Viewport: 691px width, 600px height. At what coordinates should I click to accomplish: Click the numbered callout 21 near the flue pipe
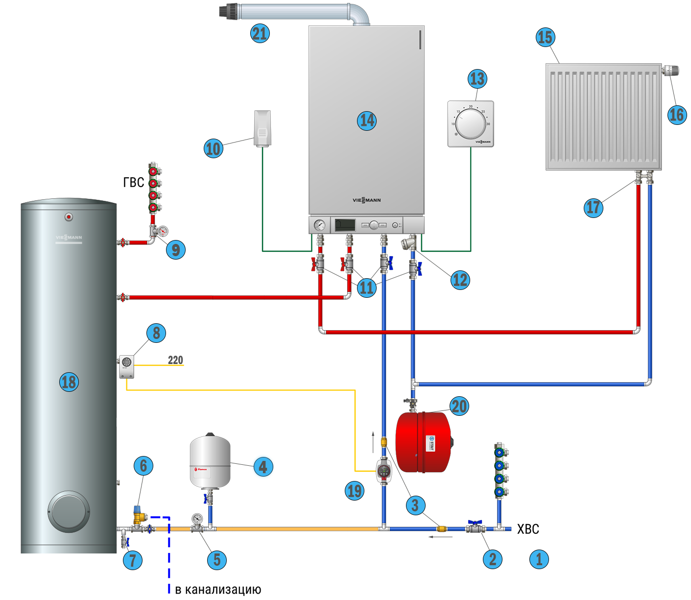tap(260, 33)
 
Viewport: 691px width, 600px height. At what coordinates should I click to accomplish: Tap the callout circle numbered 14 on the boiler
tap(366, 120)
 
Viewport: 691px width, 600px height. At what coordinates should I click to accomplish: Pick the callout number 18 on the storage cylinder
tap(69, 382)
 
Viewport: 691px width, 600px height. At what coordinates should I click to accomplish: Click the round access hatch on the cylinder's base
tap(69, 512)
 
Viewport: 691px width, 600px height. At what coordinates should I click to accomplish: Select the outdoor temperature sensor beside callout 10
tap(262, 128)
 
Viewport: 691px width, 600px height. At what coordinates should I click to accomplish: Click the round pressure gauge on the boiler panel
tap(320, 225)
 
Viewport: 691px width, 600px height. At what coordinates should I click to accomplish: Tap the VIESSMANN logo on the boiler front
tap(366, 200)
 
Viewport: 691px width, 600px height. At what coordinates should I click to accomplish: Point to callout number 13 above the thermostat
tap(477, 78)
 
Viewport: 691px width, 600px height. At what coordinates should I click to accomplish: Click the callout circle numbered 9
tap(175, 250)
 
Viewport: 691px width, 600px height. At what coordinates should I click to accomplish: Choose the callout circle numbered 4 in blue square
tap(263, 467)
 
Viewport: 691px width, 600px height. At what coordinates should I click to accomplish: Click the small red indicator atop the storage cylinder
tap(69, 216)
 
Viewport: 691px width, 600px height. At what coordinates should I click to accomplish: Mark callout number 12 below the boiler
tap(460, 280)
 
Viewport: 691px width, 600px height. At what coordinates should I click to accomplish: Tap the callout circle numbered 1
tap(539, 559)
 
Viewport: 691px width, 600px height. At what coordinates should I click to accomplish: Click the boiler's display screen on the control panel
tap(345, 225)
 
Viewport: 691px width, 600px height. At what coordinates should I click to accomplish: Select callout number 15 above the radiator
tap(545, 37)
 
